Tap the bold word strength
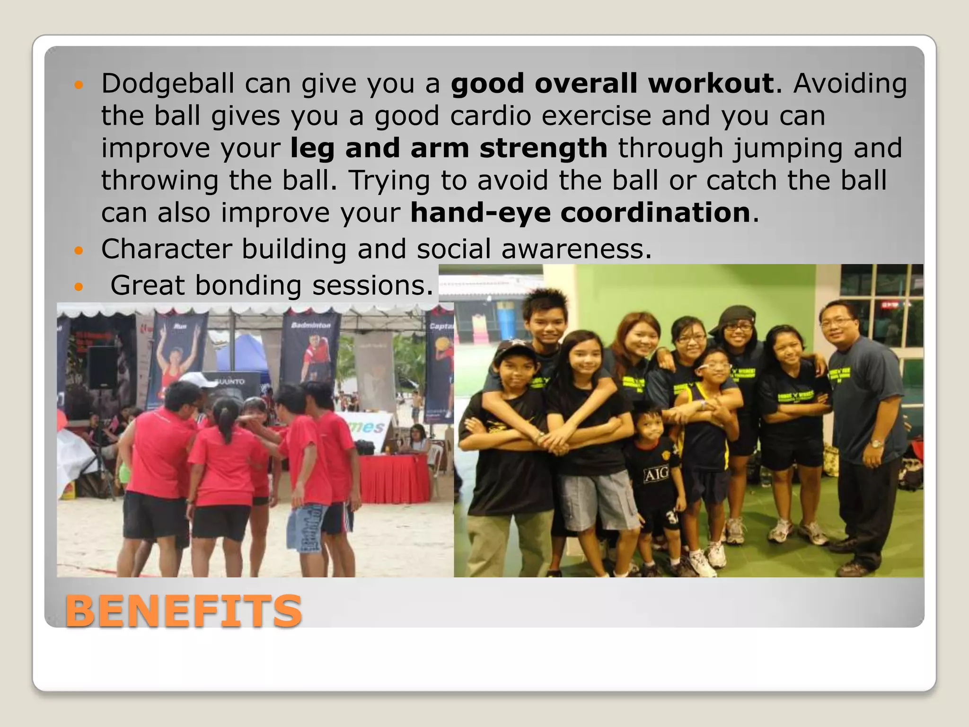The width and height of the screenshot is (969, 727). (x=543, y=148)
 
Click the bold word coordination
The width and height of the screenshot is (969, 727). (x=655, y=213)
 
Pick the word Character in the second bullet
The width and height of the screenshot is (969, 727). (x=167, y=249)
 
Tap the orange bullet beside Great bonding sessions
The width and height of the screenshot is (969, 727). (x=79, y=287)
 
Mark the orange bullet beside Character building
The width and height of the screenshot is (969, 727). (x=79, y=250)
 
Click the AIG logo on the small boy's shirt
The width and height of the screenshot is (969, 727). (x=655, y=473)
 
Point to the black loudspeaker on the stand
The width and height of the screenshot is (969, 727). (x=102, y=367)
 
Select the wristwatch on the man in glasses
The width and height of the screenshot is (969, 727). (x=876, y=444)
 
